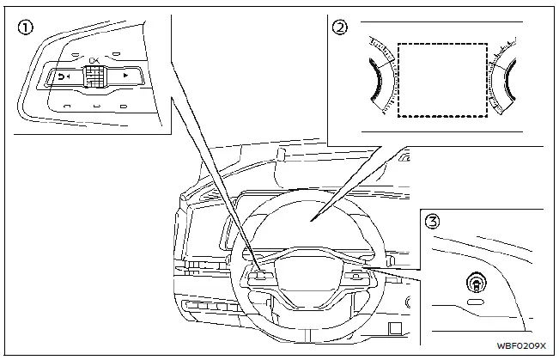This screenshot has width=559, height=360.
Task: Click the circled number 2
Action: [341, 27]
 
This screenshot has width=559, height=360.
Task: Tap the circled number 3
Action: [434, 221]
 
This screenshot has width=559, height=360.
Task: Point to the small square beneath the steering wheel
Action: [394, 327]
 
